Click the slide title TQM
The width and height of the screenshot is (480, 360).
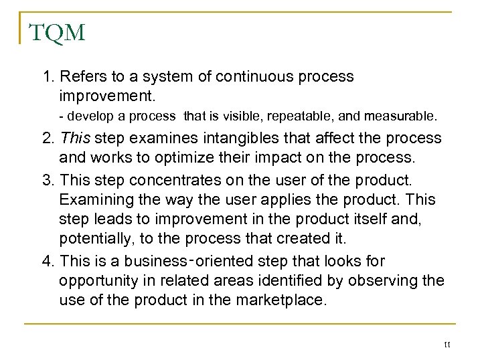(57, 31)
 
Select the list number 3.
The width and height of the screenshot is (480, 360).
(48, 180)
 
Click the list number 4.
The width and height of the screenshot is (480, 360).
(48, 261)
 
